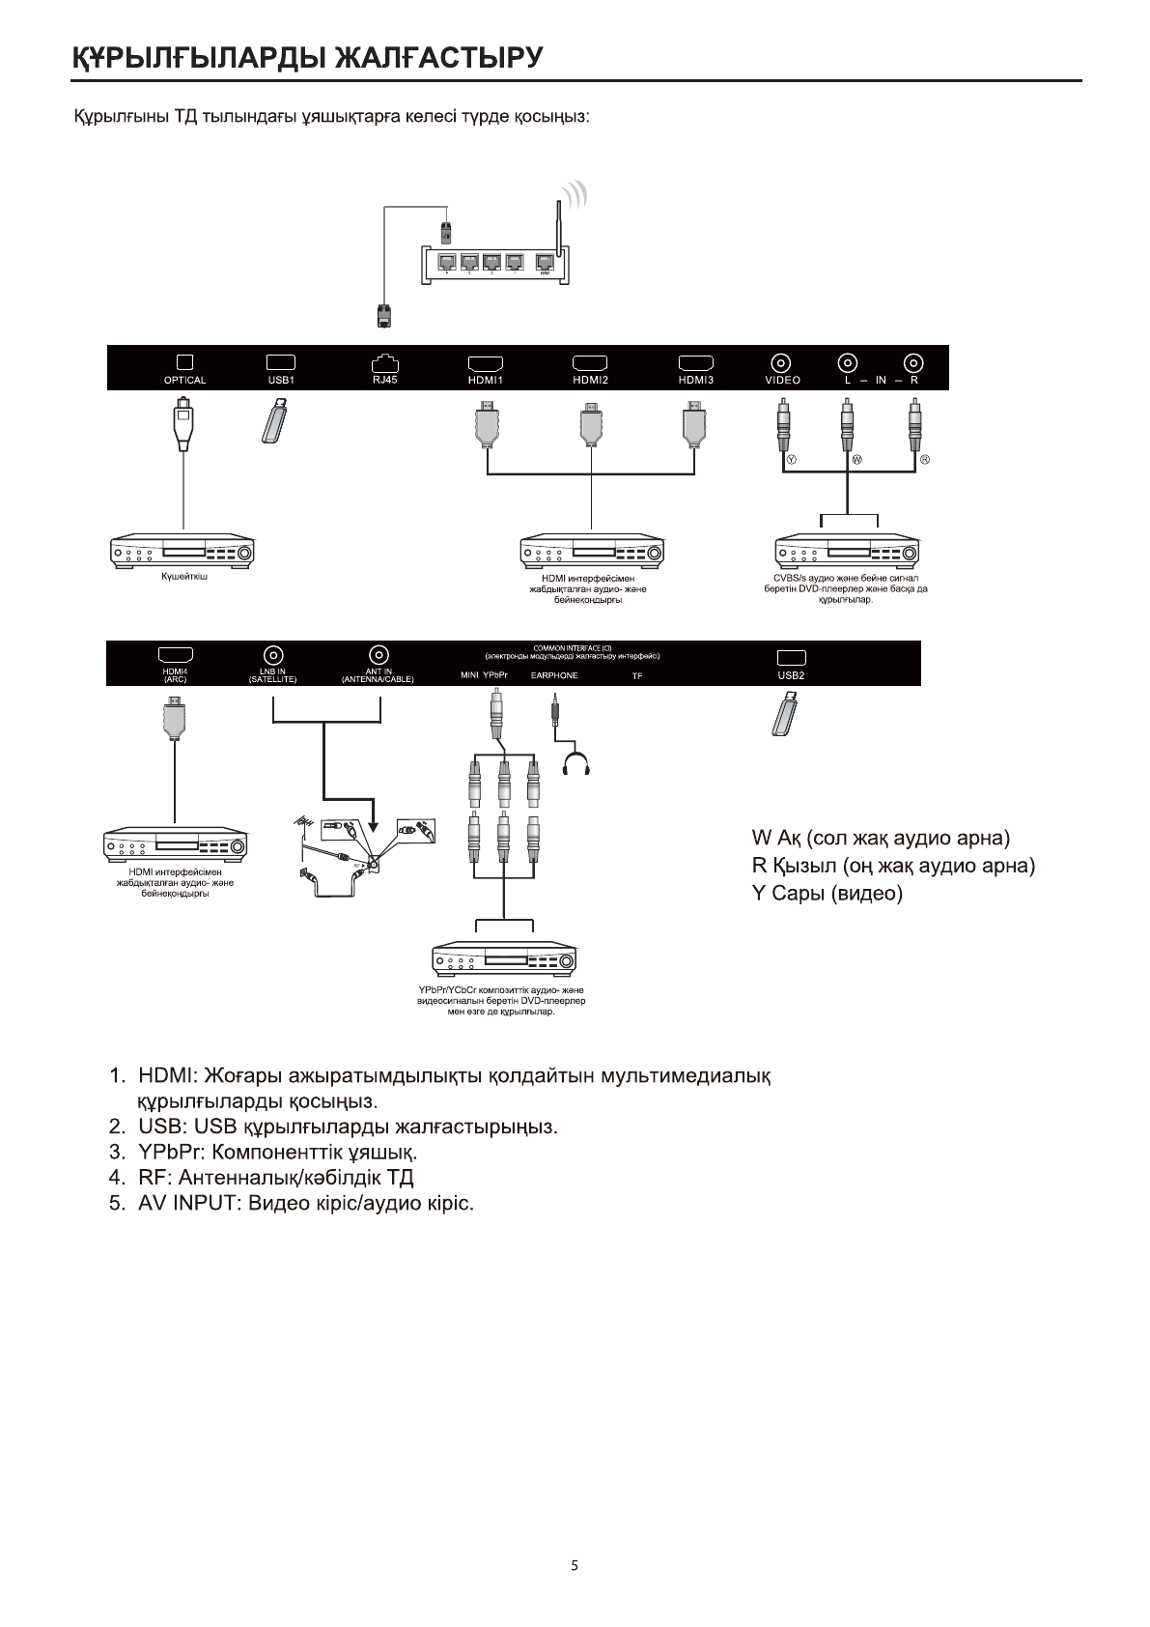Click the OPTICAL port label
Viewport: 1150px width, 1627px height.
(184, 381)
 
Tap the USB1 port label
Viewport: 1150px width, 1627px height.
(281, 381)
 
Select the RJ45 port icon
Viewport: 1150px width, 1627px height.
(384, 363)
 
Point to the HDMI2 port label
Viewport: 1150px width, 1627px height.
(590, 381)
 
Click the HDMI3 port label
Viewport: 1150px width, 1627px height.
(695, 381)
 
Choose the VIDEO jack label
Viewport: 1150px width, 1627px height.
(782, 381)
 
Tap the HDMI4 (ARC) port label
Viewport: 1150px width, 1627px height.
(175, 676)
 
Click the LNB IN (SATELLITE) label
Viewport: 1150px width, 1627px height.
(272, 676)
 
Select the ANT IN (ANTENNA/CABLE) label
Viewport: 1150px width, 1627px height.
(378, 676)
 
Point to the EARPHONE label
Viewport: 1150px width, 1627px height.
(554, 675)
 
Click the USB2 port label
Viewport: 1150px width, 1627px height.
(791, 675)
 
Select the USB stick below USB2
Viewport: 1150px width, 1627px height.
(787, 715)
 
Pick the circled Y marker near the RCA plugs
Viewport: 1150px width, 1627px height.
(792, 459)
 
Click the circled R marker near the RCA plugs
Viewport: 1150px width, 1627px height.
(924, 459)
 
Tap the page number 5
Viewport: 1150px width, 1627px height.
(575, 1565)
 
